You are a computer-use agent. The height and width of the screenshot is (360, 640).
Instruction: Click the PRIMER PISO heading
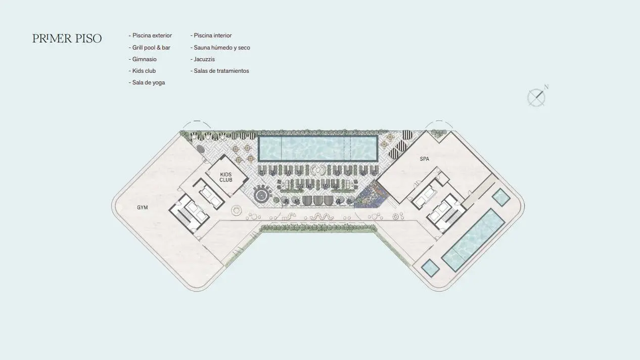[x=67, y=38]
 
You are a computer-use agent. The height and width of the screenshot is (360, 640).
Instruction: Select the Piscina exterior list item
[x=150, y=35]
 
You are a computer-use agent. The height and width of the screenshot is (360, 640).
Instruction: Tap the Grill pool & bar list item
[x=150, y=48]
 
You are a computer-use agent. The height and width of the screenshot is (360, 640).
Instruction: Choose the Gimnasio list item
[x=143, y=59]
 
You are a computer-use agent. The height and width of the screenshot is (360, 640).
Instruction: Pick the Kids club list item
[x=142, y=71]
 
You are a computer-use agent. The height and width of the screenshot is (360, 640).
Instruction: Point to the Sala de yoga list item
[x=147, y=82]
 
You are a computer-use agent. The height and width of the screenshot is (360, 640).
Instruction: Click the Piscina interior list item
[x=211, y=35]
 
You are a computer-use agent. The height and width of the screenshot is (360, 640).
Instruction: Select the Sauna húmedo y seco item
[x=220, y=48]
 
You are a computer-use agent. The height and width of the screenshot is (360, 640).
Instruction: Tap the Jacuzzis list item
[x=203, y=59]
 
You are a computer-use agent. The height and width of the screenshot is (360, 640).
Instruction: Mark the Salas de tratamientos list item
[x=220, y=71]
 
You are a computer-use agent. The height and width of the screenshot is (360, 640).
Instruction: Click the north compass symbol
[x=537, y=97]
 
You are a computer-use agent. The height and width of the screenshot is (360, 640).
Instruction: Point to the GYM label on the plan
[x=142, y=207]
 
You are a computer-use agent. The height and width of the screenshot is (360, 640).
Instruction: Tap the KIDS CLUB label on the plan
[x=225, y=177]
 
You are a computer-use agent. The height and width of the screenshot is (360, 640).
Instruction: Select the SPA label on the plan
[x=424, y=159]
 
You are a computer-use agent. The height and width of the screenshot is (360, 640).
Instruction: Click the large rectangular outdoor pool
[x=318, y=148]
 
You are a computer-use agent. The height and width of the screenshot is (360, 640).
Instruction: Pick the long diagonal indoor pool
[x=473, y=240]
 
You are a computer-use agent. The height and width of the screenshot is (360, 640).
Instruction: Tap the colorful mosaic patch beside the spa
[x=372, y=194]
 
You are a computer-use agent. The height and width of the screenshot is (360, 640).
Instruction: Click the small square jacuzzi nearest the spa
[x=501, y=197]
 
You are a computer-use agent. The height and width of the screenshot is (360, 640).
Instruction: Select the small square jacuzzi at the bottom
[x=430, y=267]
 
